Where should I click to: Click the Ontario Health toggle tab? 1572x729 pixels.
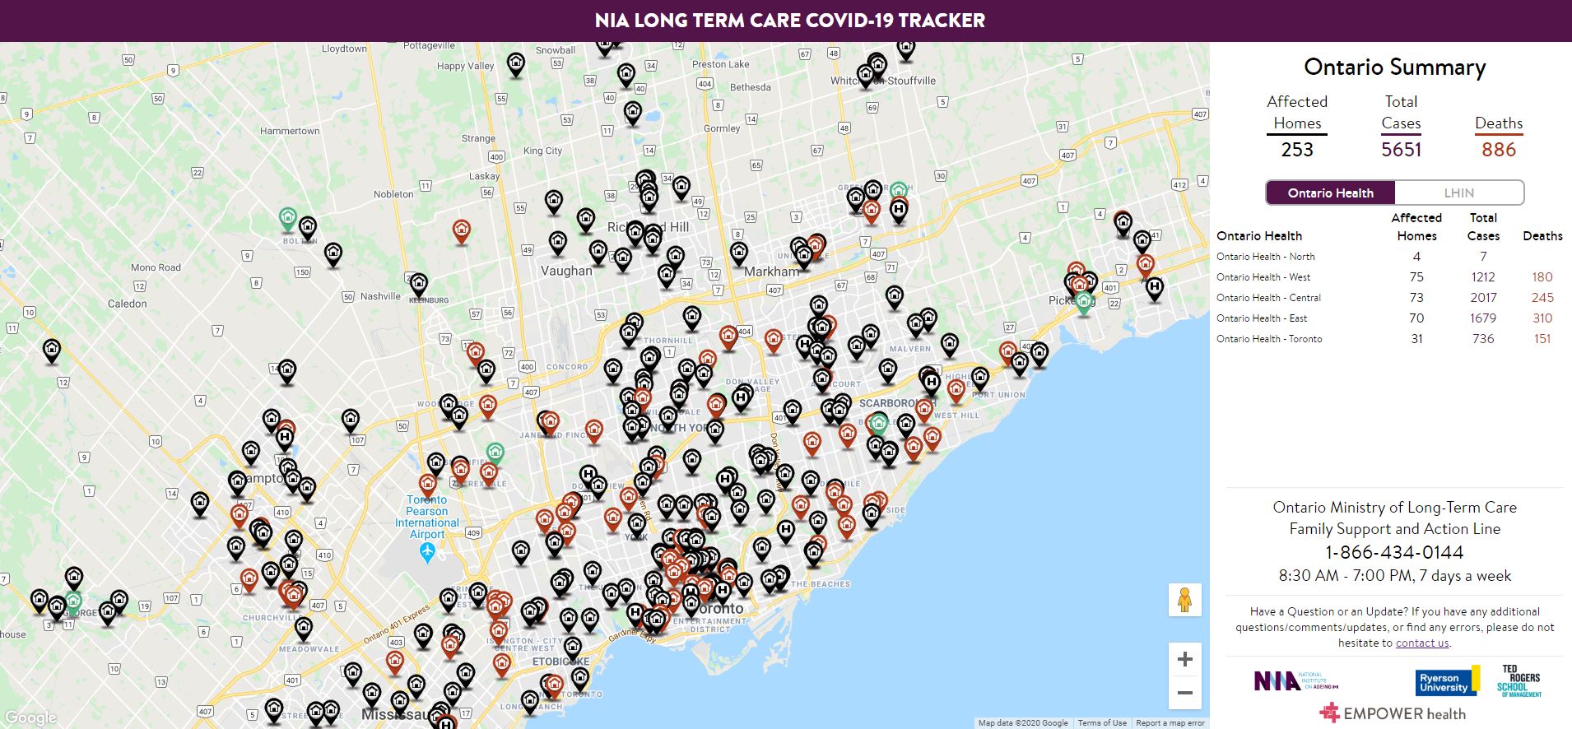click(1330, 193)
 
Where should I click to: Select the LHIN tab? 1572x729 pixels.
click(1458, 193)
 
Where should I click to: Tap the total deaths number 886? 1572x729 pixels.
click(1498, 150)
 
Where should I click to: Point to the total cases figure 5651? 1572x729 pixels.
click(1401, 150)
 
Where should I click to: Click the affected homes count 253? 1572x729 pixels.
click(1297, 150)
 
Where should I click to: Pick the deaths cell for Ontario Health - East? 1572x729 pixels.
click(1542, 318)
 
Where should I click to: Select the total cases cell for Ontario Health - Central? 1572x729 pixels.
click(1483, 298)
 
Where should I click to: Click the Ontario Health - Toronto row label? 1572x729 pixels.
click(1269, 339)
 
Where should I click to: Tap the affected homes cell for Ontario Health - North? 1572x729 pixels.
click(1416, 257)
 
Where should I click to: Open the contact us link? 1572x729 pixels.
click(1421, 643)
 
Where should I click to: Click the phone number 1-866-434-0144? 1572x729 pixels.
click(1394, 552)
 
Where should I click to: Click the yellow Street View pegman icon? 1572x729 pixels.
click(1184, 600)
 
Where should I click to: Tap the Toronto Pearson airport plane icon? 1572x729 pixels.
click(427, 553)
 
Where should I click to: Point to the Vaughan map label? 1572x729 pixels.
click(566, 271)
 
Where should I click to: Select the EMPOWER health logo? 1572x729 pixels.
click(1393, 713)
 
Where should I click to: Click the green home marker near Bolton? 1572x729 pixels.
click(287, 218)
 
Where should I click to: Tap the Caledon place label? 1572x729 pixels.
click(128, 304)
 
